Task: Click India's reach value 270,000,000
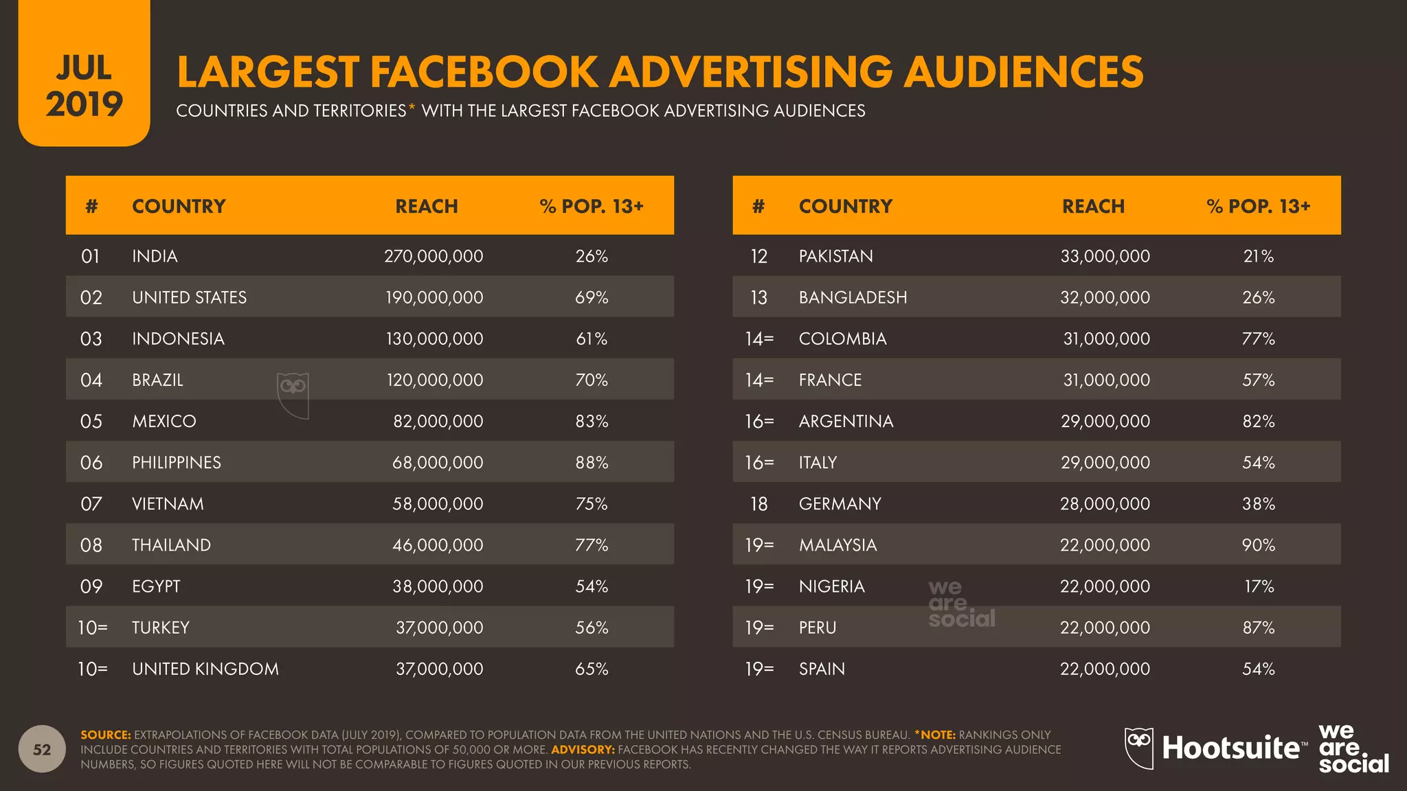point(434,256)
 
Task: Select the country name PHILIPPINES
point(177,463)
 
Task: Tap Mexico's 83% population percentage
point(592,422)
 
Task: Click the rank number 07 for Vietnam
point(91,504)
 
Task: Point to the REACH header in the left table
point(426,206)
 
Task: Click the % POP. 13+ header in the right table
point(1258,206)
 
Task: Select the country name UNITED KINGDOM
point(205,669)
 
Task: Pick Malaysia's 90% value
point(1258,545)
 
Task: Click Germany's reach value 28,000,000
point(1105,504)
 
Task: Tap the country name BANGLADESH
point(853,297)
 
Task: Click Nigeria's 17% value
point(1259,586)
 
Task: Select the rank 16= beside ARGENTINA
point(759,422)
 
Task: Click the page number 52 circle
point(42,749)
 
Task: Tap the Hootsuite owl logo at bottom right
point(1139,748)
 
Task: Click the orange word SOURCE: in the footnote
point(105,735)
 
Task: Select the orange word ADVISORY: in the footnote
point(583,750)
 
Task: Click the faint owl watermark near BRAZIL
point(293,395)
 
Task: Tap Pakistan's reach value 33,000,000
point(1105,256)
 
